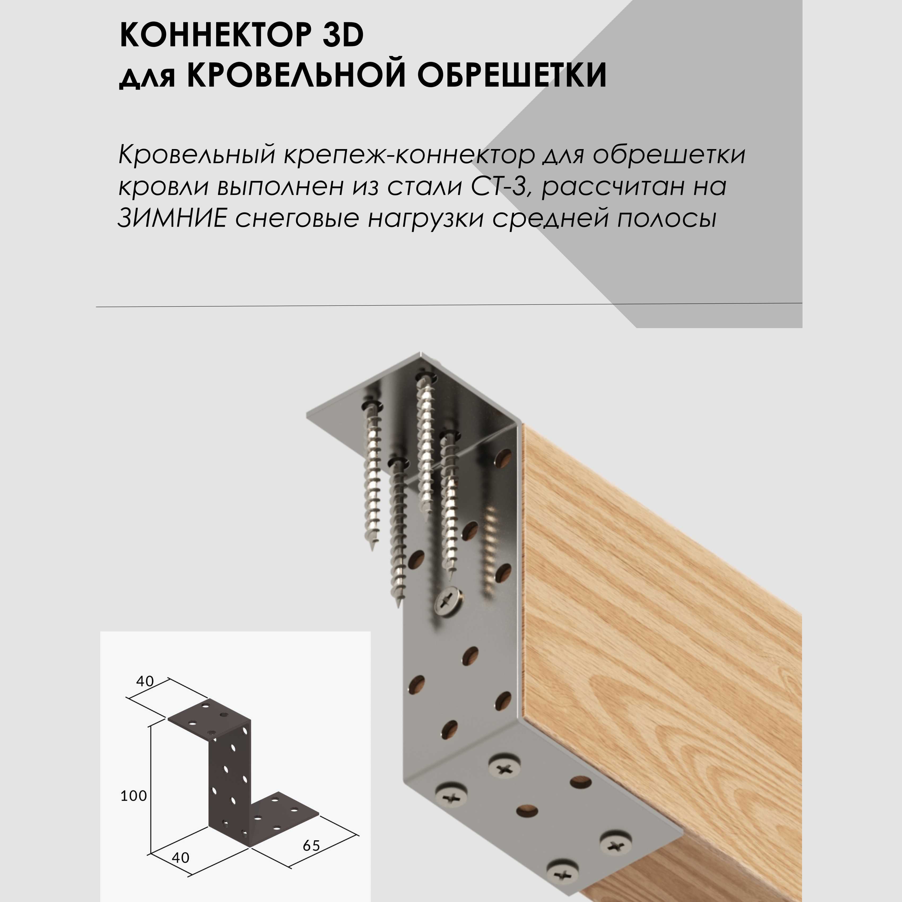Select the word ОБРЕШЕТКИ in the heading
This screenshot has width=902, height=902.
click(x=512, y=75)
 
